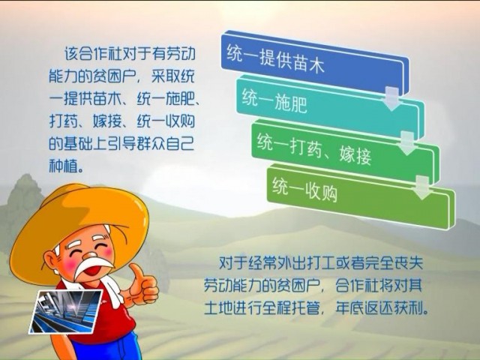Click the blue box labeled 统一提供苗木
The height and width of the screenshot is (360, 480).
click(x=315, y=63)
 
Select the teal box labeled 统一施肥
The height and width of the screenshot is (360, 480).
click(x=331, y=107)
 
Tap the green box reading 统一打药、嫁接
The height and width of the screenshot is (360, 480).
click(x=346, y=151)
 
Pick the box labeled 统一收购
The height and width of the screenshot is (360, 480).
click(x=361, y=196)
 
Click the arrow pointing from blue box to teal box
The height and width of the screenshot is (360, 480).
click(x=391, y=98)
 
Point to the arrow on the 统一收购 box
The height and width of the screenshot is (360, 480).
click(x=422, y=187)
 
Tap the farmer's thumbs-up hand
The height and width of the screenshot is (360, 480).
click(x=141, y=286)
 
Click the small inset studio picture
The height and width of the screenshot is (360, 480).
click(x=65, y=311)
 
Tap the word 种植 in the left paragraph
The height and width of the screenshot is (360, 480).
click(x=64, y=166)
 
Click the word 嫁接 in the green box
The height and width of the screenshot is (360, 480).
click(x=355, y=154)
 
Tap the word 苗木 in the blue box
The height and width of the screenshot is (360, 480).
click(x=308, y=63)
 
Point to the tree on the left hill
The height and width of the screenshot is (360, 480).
click(x=25, y=193)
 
